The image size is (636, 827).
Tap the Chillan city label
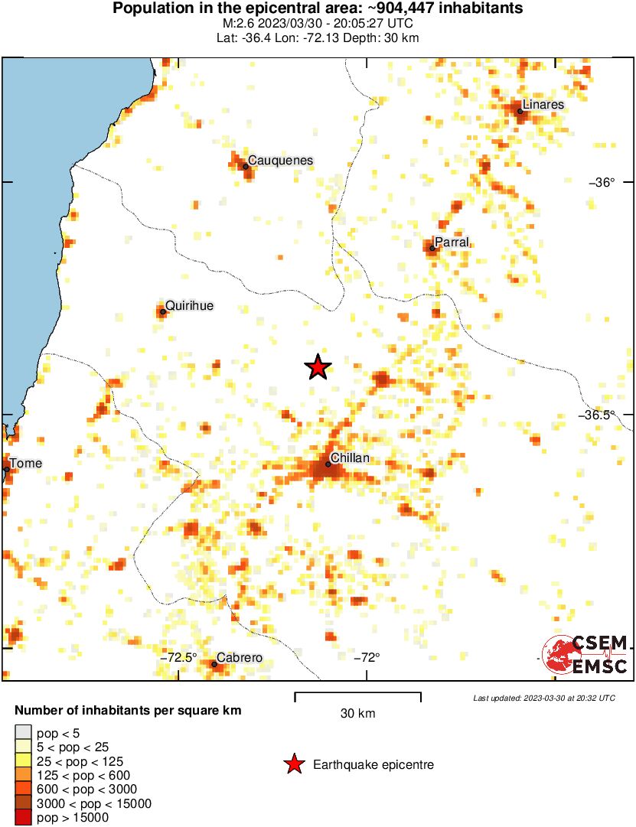coord(350,457)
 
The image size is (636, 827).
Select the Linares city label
coord(543,105)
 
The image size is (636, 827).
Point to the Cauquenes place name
coord(281,160)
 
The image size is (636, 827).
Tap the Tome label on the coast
coord(26,463)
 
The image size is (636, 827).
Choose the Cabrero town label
coord(240,657)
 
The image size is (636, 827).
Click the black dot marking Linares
coord(520,112)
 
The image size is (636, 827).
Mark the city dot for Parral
coord(432,248)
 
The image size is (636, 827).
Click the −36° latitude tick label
coord(602,182)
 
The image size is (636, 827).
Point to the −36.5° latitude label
coord(596,415)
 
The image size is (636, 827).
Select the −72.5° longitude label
coord(178,657)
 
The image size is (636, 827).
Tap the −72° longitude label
coord(368,657)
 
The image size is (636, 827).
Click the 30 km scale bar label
coord(357,714)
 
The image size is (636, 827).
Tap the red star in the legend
coord(293,764)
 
